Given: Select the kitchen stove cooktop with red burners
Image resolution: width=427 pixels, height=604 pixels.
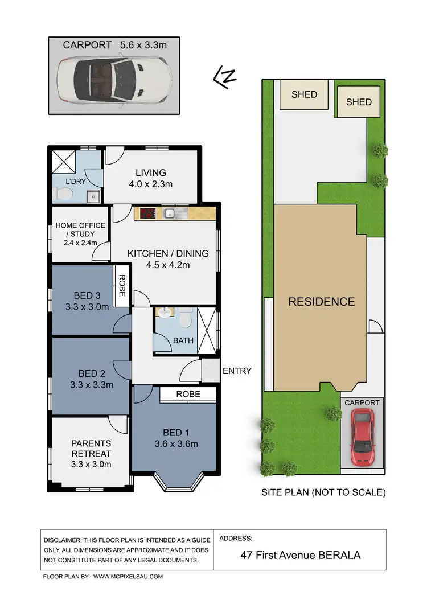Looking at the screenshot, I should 147,214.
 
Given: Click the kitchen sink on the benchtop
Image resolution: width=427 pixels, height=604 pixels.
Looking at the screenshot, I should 171,214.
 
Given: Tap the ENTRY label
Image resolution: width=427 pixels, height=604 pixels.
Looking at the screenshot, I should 237,371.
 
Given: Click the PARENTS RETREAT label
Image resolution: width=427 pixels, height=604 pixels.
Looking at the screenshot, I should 91,449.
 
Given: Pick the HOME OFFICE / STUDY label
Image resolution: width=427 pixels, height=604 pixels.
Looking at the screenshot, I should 80,229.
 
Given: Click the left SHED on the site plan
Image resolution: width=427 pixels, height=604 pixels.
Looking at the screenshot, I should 304,94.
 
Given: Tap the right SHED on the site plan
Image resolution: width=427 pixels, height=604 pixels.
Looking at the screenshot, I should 359,102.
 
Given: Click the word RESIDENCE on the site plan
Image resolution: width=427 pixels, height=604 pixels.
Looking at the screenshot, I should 322,302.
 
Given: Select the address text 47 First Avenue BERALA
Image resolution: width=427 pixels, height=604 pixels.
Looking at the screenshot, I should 300,555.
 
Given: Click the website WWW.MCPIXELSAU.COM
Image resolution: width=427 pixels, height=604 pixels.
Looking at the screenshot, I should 128,577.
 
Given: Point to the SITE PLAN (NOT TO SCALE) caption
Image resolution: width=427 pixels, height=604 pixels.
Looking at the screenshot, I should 323,492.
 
